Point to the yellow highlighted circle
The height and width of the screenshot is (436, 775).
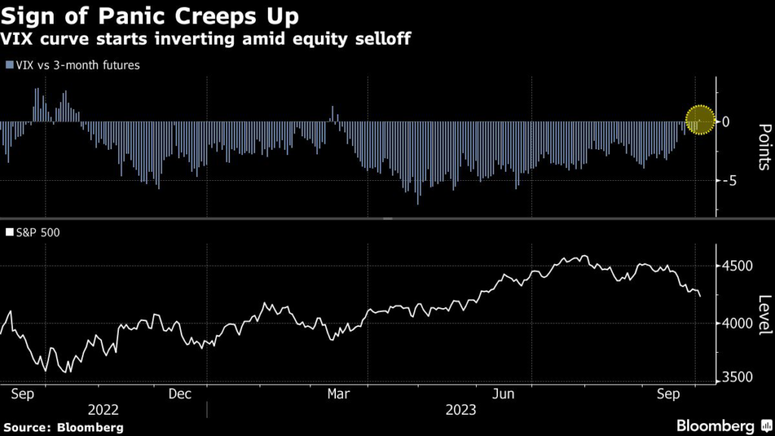click(700, 120)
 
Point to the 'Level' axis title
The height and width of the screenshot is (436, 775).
click(764, 314)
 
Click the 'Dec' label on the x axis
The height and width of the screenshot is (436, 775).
click(179, 394)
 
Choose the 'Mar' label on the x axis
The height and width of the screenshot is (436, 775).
click(338, 394)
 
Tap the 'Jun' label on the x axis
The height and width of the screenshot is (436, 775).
click(503, 394)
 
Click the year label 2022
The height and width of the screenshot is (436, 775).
click(104, 410)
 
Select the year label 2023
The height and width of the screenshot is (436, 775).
click(460, 410)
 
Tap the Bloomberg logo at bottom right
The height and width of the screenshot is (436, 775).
click(724, 426)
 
